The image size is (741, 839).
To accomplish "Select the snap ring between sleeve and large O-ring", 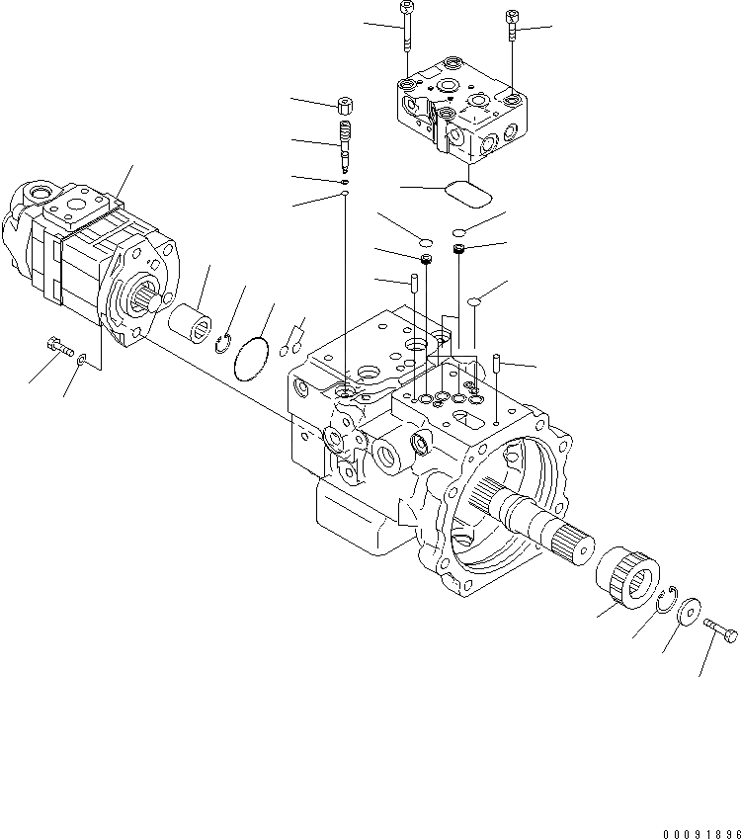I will click(225, 342).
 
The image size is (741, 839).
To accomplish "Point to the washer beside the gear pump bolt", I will click(81, 362).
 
